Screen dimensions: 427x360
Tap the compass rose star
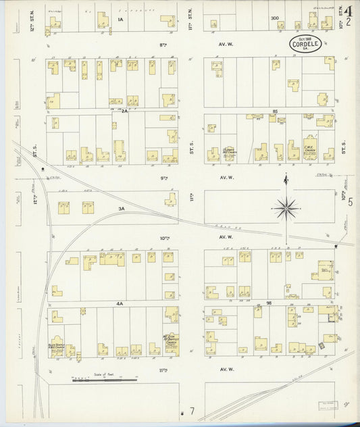coord(288,209)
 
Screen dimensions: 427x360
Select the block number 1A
coord(122,20)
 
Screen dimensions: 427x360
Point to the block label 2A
coord(124,110)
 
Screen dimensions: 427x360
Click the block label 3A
coord(122,209)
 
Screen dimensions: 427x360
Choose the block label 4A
coord(120,304)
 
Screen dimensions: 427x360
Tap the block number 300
coord(274,18)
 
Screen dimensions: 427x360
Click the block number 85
coord(275,110)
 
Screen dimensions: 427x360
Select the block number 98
coord(269,304)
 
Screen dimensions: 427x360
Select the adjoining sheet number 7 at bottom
coord(192,410)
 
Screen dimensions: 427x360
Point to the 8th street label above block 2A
coord(163,45)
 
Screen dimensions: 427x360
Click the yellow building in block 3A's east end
coord(171,199)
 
